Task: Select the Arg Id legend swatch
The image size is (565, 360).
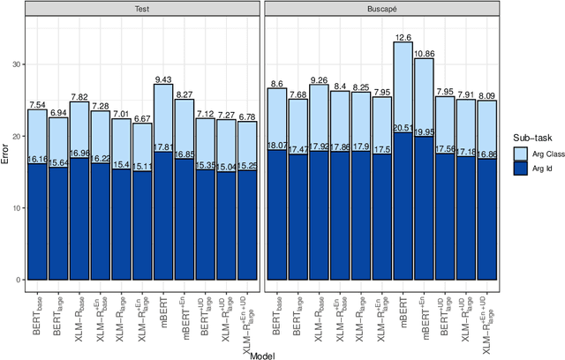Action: [x=522, y=169]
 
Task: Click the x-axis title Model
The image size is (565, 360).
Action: [x=261, y=353]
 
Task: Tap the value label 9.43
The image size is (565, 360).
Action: [x=163, y=79]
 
